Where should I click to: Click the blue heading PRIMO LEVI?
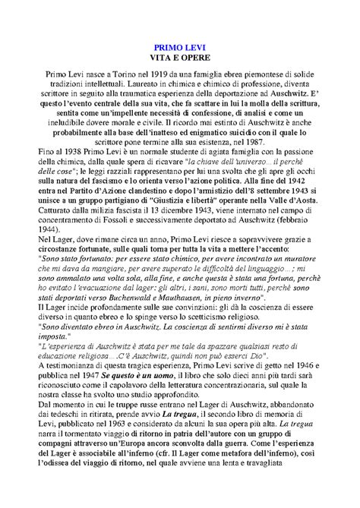pos(179,47)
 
